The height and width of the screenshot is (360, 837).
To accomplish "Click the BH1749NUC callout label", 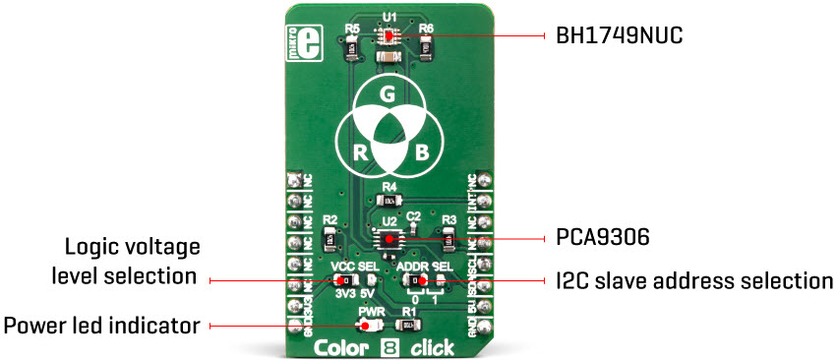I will click(x=615, y=36).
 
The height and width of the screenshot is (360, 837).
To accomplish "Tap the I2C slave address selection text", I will click(x=688, y=281).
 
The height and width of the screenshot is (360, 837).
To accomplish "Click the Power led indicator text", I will click(x=103, y=324).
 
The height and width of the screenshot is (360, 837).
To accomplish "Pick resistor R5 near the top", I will click(x=352, y=45).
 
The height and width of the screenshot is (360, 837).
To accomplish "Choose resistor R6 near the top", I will click(x=427, y=45).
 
